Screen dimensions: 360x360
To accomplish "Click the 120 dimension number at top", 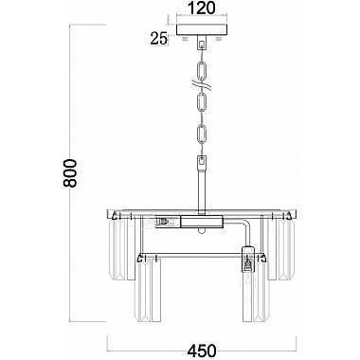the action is click(x=201, y=8).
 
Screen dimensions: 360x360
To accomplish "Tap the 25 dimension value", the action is click(x=158, y=39).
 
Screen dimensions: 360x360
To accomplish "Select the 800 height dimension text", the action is click(x=70, y=173).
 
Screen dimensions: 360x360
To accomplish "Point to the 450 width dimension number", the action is click(x=202, y=351).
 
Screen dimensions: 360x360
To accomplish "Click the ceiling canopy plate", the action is click(x=202, y=30).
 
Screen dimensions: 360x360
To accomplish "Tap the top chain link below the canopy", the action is click(x=202, y=70).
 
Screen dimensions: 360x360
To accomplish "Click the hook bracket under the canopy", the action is click(x=202, y=43).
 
